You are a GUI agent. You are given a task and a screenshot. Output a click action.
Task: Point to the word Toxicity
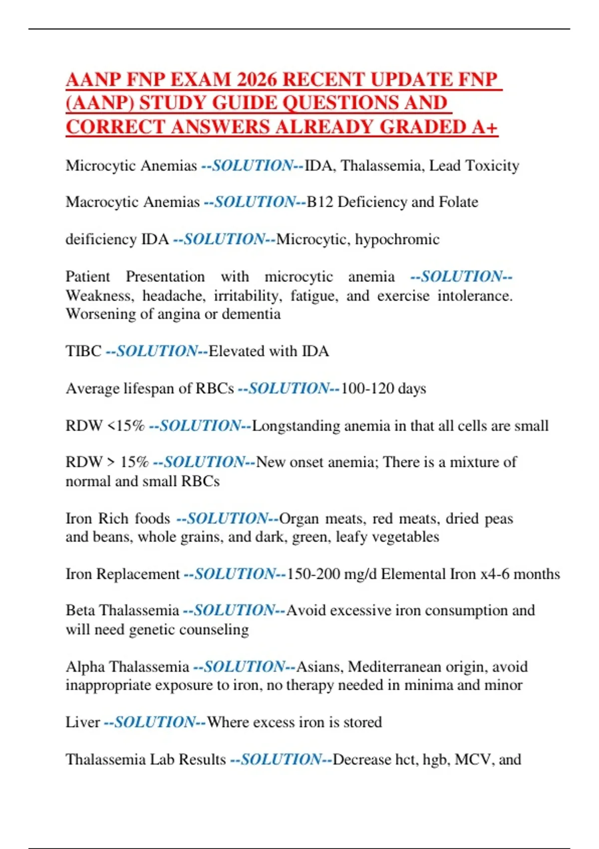492,166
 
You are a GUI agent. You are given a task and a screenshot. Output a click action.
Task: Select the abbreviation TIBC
83,352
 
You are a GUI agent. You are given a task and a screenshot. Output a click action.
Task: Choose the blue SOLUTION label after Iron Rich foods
228,519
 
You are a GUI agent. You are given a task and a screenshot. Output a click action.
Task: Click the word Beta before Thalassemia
80,611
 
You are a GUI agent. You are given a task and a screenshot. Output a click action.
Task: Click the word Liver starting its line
83,723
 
